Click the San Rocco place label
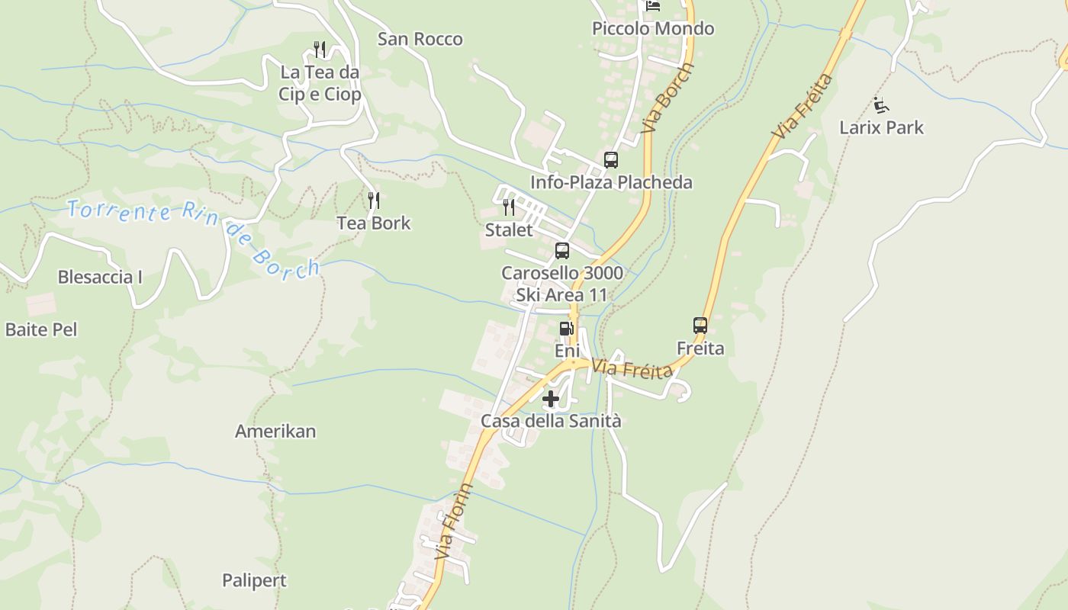[x=420, y=39]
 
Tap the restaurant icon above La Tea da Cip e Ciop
[x=320, y=50]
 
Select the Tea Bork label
[x=374, y=223]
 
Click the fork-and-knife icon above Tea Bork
[x=374, y=201]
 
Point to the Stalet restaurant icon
[x=509, y=207]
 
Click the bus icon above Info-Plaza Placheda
[x=611, y=160]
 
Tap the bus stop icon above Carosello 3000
[x=562, y=250]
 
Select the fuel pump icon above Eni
[x=566, y=329]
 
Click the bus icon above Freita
[x=700, y=326]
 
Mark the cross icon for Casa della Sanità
[x=551, y=399]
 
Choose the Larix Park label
[x=881, y=127]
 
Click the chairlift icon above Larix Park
[x=881, y=104]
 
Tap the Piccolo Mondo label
[x=653, y=29]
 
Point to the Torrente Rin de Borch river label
[x=192, y=235]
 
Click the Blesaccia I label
[x=100, y=277]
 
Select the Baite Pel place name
[x=41, y=329]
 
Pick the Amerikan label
[x=275, y=432]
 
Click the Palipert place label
[x=254, y=580]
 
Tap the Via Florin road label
[x=454, y=523]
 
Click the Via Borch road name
[x=667, y=98]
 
